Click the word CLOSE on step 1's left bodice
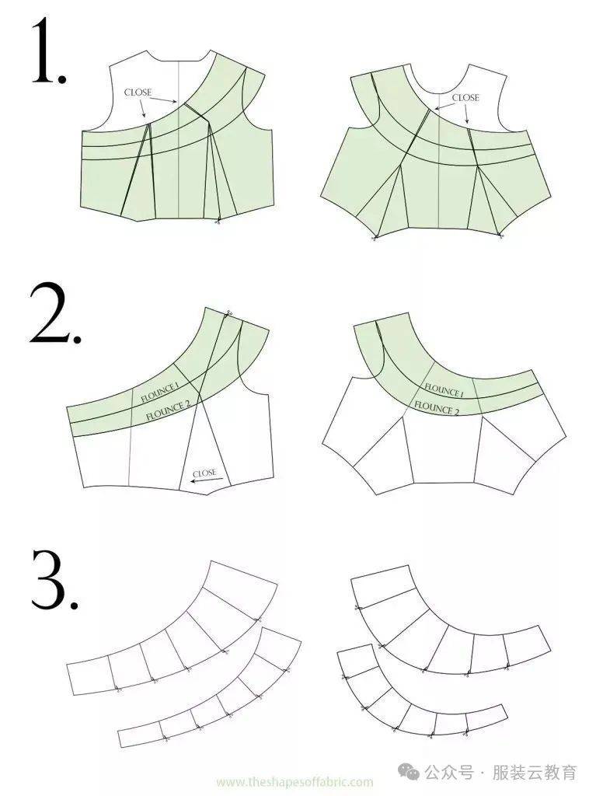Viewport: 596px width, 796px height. pyautogui.click(x=138, y=93)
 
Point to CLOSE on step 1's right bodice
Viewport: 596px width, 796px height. pyautogui.click(x=465, y=97)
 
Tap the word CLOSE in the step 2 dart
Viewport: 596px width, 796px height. pyautogui.click(x=204, y=473)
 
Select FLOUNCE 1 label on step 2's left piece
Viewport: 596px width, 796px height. pyautogui.click(x=159, y=393)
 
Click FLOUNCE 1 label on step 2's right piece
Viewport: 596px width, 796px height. pyautogui.click(x=444, y=390)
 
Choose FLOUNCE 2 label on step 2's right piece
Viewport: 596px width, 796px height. pyautogui.click(x=437, y=407)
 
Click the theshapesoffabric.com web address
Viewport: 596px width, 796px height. pyautogui.click(x=295, y=782)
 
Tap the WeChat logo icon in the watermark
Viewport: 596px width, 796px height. pyautogui.click(x=409, y=772)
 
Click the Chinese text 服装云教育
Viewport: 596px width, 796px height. pyautogui.click(x=535, y=773)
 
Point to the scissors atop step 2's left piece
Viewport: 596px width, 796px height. pyautogui.click(x=228, y=312)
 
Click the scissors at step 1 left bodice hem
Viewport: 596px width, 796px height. pyautogui.click(x=218, y=220)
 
